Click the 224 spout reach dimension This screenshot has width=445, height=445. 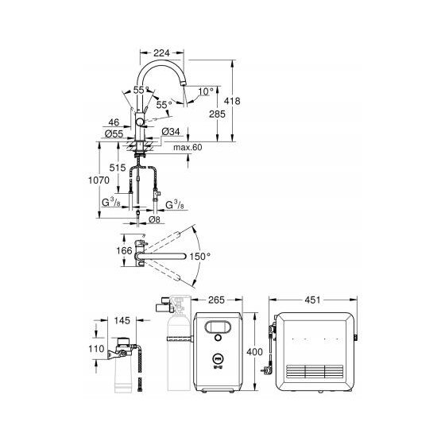pyautogui.click(x=161, y=52)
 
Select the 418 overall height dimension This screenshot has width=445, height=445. pyautogui.click(x=232, y=101)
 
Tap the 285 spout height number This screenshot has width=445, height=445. pyautogui.click(x=217, y=114)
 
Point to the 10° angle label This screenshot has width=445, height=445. pyautogui.click(x=206, y=91)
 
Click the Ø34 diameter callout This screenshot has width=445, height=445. pyautogui.click(x=171, y=131)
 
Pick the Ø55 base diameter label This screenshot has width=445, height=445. pyautogui.click(x=114, y=133)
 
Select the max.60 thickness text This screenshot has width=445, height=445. pyautogui.click(x=188, y=147)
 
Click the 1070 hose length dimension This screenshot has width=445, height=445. pyautogui.click(x=99, y=180)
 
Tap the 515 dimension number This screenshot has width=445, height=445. pyautogui.click(x=118, y=168)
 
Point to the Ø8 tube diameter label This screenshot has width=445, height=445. pyautogui.click(x=154, y=219)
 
